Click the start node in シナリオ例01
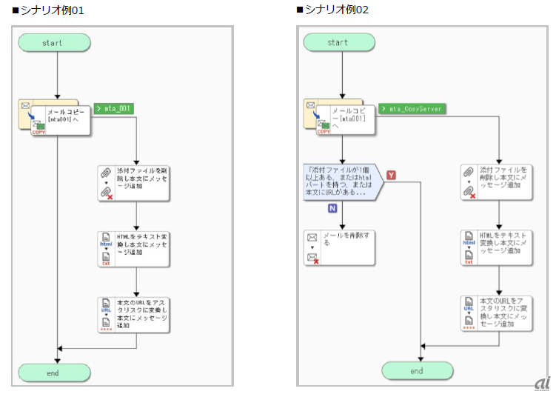(x=53, y=43)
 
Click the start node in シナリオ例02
(x=338, y=43)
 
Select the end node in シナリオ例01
(x=53, y=373)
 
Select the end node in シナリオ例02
(x=417, y=370)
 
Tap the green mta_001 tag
(x=114, y=108)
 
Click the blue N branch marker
(x=333, y=208)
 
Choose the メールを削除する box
(x=339, y=247)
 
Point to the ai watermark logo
(x=542, y=383)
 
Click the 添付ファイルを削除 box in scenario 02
(x=497, y=182)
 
